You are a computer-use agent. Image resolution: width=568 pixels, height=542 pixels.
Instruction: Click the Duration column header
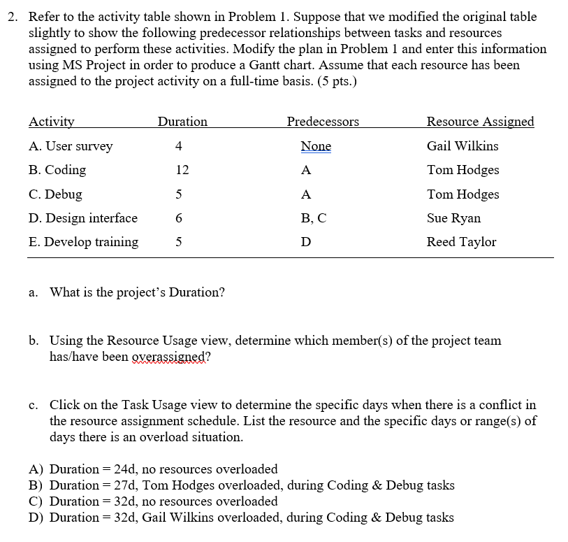coord(182,122)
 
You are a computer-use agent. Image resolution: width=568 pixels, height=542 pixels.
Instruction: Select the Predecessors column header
coord(323,122)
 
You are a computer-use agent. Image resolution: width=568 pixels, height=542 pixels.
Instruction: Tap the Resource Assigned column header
coord(480,122)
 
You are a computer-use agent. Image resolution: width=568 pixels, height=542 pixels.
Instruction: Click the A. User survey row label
coord(71,146)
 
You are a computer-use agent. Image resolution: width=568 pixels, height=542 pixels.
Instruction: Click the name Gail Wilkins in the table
coord(463,146)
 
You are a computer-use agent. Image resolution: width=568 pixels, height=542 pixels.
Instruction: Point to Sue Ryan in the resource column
coord(453,218)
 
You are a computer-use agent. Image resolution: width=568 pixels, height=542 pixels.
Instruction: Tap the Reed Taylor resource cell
coord(461,242)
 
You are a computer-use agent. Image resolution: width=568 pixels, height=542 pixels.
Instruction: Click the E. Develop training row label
coord(83,242)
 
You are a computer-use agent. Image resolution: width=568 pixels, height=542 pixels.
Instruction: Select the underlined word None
coord(316,146)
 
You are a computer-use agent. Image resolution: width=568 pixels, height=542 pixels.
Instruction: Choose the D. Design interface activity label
coord(83,218)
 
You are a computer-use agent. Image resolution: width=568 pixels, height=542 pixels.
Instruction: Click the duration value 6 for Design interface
coord(180,218)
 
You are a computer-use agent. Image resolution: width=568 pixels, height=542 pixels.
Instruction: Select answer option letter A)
coord(36,469)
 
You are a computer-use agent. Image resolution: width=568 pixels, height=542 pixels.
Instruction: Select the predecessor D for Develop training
coord(305,242)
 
